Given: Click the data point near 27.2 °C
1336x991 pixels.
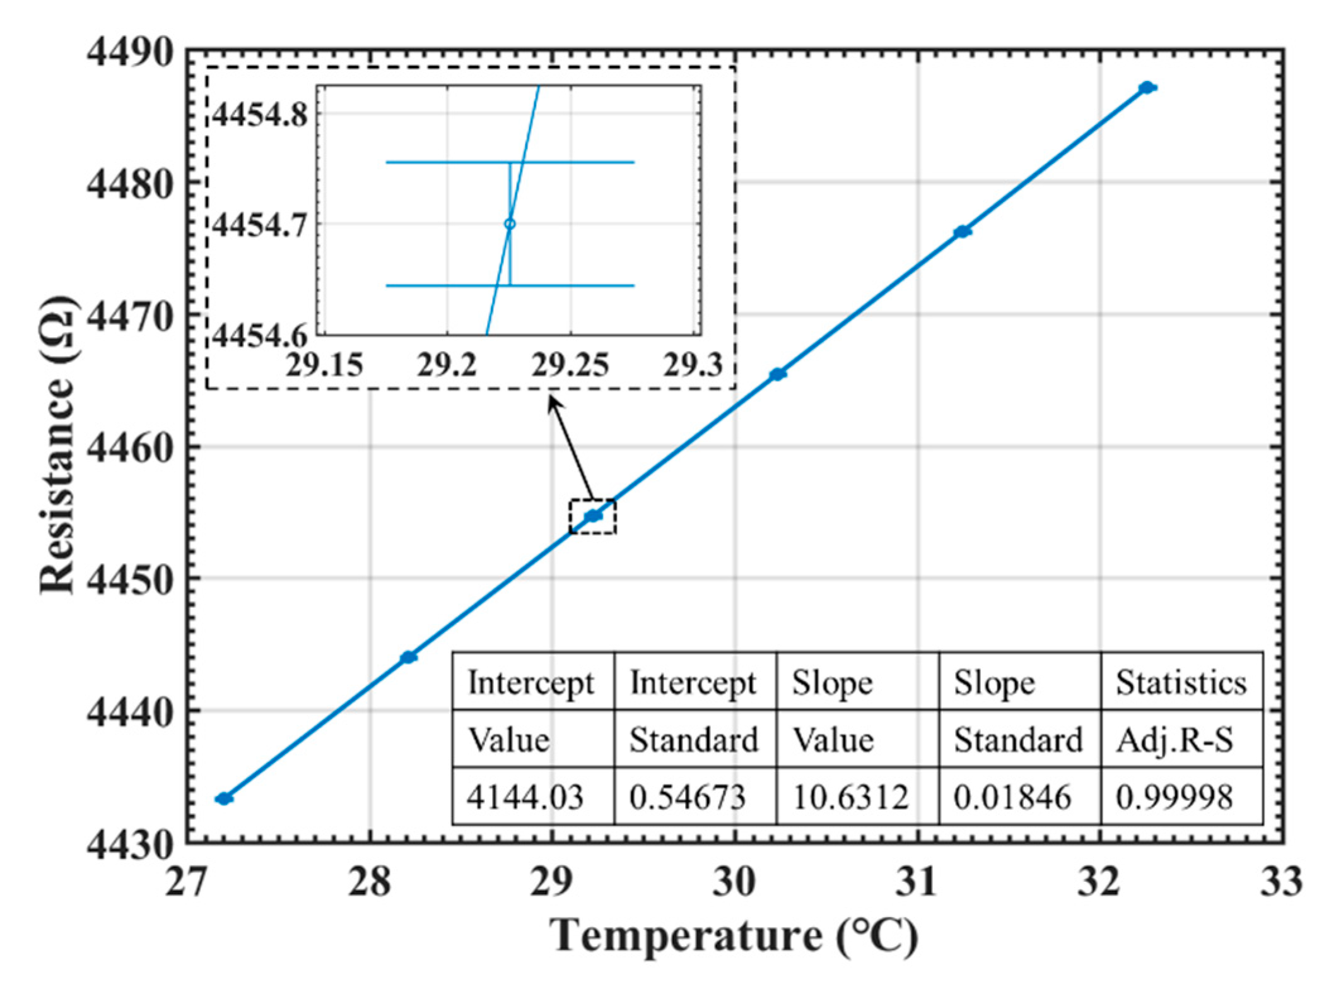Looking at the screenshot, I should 224,798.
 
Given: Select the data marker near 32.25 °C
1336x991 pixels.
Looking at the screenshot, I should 1147,87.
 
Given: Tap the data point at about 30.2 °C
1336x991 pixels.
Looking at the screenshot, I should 778,374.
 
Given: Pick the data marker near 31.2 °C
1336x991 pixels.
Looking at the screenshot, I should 962,232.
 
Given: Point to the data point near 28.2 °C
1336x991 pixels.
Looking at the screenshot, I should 409,657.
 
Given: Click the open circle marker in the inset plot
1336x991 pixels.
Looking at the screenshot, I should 510,224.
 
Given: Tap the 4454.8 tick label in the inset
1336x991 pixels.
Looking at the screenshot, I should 260,115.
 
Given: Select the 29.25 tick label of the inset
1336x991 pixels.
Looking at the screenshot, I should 570,365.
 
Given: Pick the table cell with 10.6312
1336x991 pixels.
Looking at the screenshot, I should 850,797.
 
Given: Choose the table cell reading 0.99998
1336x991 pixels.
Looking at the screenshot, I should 1175,797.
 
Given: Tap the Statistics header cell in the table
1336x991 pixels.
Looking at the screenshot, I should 1181,682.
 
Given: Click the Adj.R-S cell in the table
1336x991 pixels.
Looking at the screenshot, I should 1175,739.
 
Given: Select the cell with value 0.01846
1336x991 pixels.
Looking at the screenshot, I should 1012,797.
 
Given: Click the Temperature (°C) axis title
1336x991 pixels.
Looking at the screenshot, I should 734,936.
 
